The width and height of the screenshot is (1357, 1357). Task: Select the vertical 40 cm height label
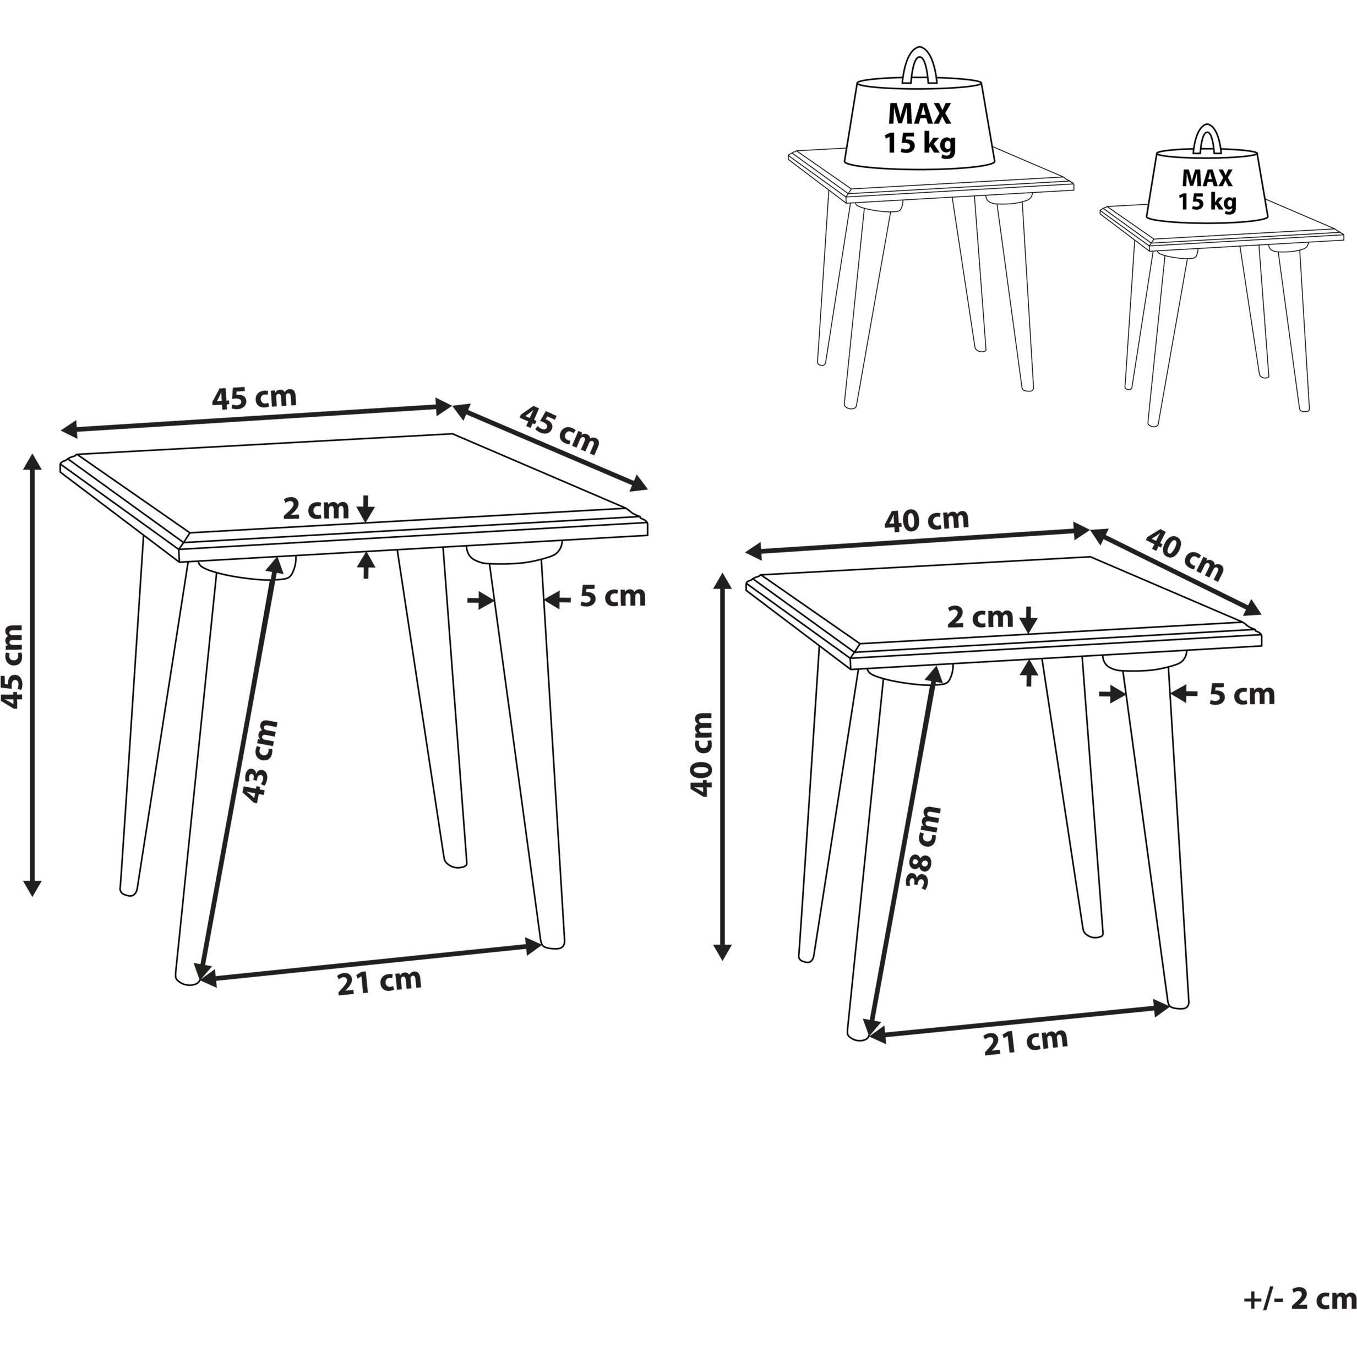(x=702, y=754)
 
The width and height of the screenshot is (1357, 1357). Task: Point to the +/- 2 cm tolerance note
(x=1299, y=1299)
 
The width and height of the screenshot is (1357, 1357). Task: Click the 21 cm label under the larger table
(x=379, y=981)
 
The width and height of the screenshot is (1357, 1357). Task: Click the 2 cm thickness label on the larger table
(x=316, y=509)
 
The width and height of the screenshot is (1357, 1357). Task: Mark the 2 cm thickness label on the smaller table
(x=980, y=617)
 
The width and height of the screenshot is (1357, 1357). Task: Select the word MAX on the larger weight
(x=919, y=114)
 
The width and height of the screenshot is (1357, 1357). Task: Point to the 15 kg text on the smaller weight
(x=1207, y=202)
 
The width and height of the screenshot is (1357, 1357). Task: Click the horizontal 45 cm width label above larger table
(x=254, y=397)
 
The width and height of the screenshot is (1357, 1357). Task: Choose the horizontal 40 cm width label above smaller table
(x=927, y=519)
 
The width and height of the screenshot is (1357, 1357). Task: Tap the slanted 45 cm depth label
(x=560, y=430)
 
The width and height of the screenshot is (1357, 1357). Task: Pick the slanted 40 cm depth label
(x=1185, y=555)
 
